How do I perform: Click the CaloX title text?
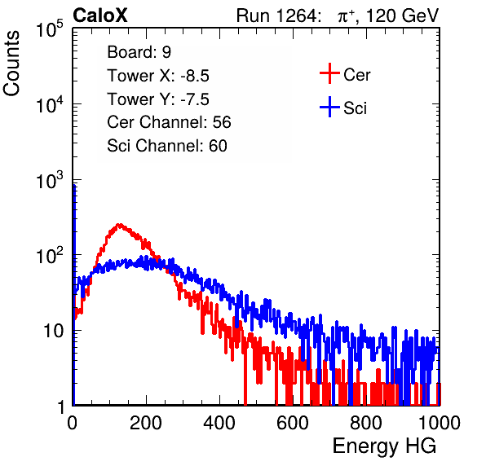tap(99, 15)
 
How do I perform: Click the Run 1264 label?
tap(277, 15)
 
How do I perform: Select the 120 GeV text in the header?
tap(402, 15)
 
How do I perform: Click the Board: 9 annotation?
tap(139, 52)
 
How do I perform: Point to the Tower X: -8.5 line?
tap(158, 76)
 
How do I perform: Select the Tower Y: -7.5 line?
tap(158, 99)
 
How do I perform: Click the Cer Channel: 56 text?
tap(169, 122)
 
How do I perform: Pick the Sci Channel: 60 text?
tap(167, 146)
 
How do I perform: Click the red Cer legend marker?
tap(329, 73)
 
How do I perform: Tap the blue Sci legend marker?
tap(329, 108)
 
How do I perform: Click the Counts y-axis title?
tap(11, 64)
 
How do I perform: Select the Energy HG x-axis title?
tap(384, 446)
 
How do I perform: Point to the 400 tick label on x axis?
tap(219, 423)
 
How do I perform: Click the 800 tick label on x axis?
tap(366, 423)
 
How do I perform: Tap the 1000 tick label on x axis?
tap(440, 423)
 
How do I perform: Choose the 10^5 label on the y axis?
tap(50, 29)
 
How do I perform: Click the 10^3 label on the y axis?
tap(50, 181)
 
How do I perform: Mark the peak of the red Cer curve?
tap(119, 224)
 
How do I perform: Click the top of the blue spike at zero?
tap(74, 185)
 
